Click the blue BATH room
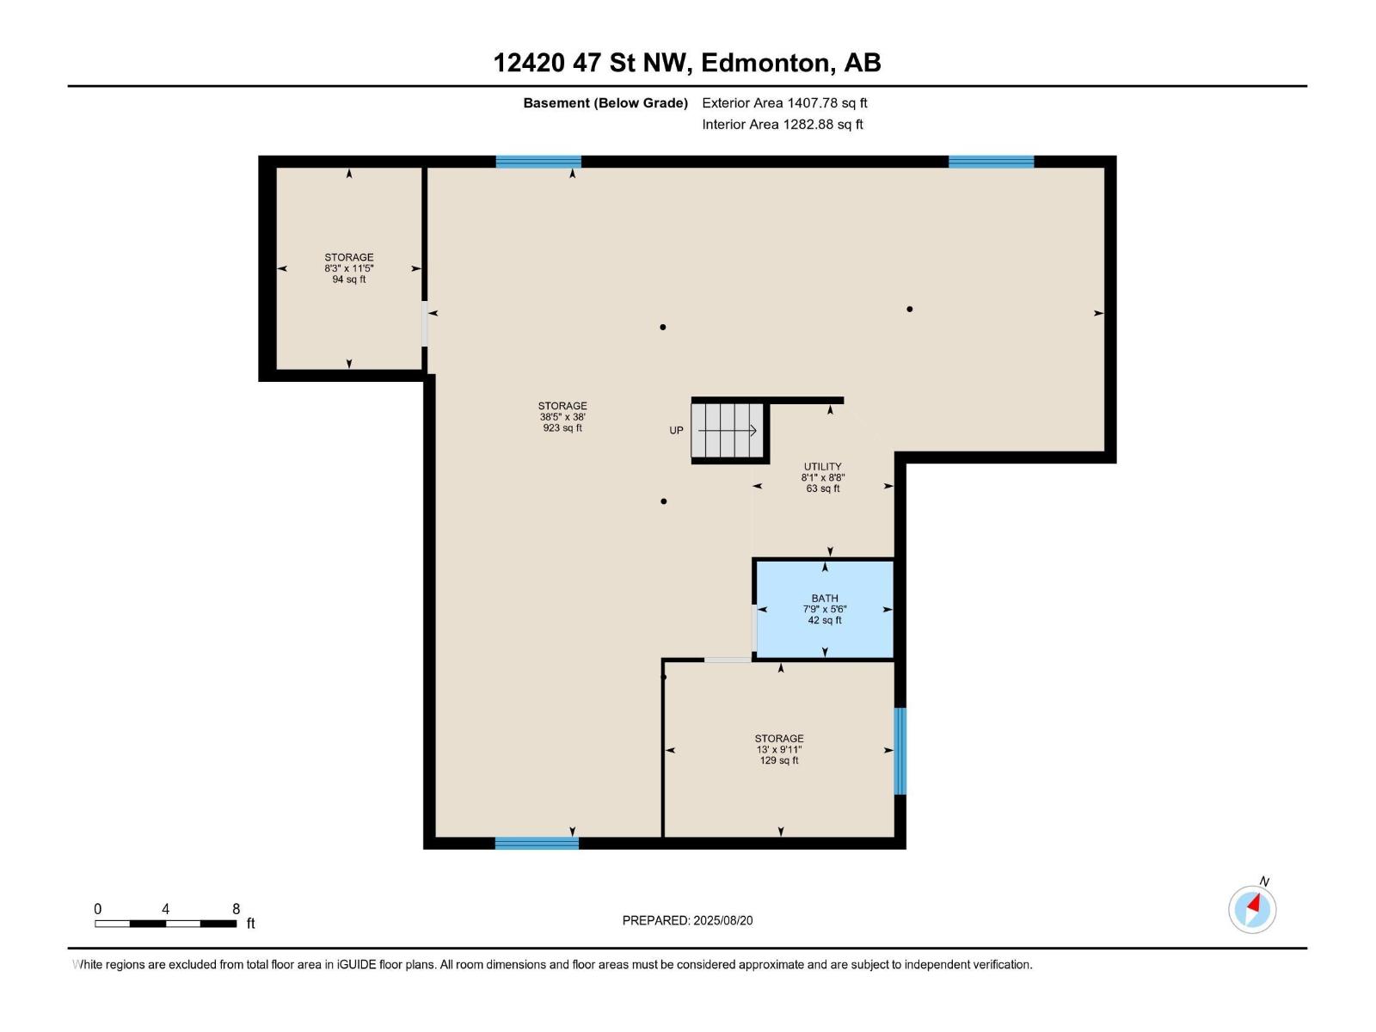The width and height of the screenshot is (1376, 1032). coord(825,609)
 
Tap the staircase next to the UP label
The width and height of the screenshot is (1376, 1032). coord(728,431)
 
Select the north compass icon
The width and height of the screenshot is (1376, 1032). coord(1252,908)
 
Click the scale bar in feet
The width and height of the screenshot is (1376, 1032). coord(165,924)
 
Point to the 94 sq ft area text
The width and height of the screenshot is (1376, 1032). coord(349,279)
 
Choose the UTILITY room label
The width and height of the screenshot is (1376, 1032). coord(822,467)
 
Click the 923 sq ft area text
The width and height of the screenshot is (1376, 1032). coord(562,428)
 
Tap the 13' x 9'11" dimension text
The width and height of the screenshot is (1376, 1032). coord(779,749)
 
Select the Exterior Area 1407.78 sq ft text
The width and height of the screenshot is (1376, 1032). coord(784,102)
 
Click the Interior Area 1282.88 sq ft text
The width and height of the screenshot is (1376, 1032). coord(783,124)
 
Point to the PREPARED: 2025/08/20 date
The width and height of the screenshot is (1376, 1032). coord(688,920)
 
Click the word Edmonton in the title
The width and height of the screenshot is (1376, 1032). coord(768,63)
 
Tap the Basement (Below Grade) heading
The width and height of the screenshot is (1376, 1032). coord(605,102)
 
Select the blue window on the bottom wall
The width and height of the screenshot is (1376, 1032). coord(537,843)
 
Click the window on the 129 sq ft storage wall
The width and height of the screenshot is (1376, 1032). coord(900,751)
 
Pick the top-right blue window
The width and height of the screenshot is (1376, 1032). coord(991,162)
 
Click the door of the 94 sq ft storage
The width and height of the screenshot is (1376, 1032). coord(424,323)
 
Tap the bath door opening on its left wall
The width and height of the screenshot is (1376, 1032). coord(754,627)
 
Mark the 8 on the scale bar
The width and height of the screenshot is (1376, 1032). coord(236,908)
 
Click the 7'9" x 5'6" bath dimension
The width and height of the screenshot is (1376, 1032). coord(825,609)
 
